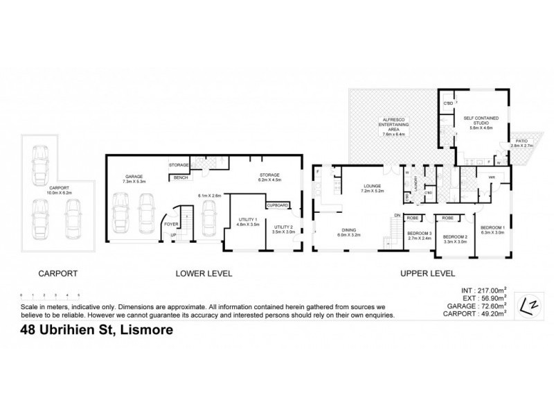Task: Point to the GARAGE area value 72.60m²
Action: click(x=488, y=305)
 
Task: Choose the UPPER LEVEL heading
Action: click(x=427, y=273)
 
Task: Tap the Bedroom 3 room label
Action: click(x=419, y=235)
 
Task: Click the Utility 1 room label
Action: click(x=247, y=222)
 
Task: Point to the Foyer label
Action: click(x=170, y=224)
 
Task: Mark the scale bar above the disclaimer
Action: click(x=50, y=295)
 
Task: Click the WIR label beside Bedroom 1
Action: click(x=490, y=178)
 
